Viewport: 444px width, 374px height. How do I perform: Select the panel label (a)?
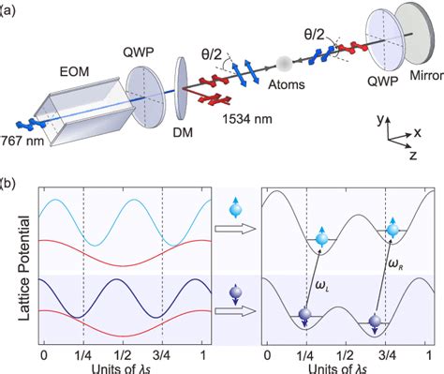pos(9,8)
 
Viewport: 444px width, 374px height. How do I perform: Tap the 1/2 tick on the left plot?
pos(123,356)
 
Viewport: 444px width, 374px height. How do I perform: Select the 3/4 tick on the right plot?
pos(386,356)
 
